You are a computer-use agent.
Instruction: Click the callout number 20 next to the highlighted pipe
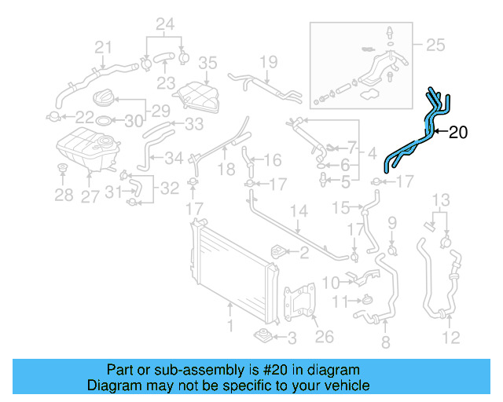(x=457, y=133)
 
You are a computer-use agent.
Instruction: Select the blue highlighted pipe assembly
(x=417, y=138)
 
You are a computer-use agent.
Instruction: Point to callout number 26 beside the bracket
(x=324, y=338)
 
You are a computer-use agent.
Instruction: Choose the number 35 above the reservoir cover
(x=207, y=63)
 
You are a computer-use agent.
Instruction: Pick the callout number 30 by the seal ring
(x=134, y=120)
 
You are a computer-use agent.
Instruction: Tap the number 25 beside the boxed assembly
(x=434, y=45)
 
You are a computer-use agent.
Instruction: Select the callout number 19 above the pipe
(x=269, y=62)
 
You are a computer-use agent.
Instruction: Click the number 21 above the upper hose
(x=104, y=49)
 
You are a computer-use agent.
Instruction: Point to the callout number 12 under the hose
(x=451, y=338)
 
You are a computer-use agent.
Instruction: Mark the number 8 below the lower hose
(x=385, y=342)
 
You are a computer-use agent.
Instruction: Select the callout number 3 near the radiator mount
(x=292, y=338)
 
